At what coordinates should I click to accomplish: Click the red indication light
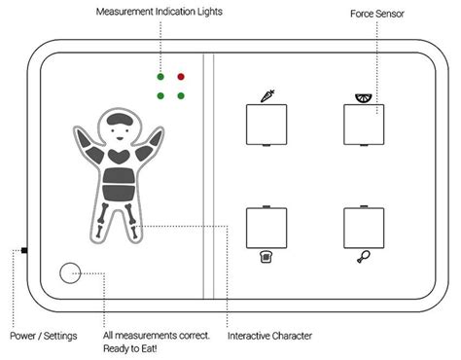181,75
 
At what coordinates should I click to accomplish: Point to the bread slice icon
266,258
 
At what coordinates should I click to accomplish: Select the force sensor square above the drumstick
363,228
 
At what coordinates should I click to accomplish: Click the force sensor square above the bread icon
266,228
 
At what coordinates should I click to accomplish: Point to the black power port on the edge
24,251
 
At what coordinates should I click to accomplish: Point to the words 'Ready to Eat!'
133,349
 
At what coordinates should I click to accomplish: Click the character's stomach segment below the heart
119,179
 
